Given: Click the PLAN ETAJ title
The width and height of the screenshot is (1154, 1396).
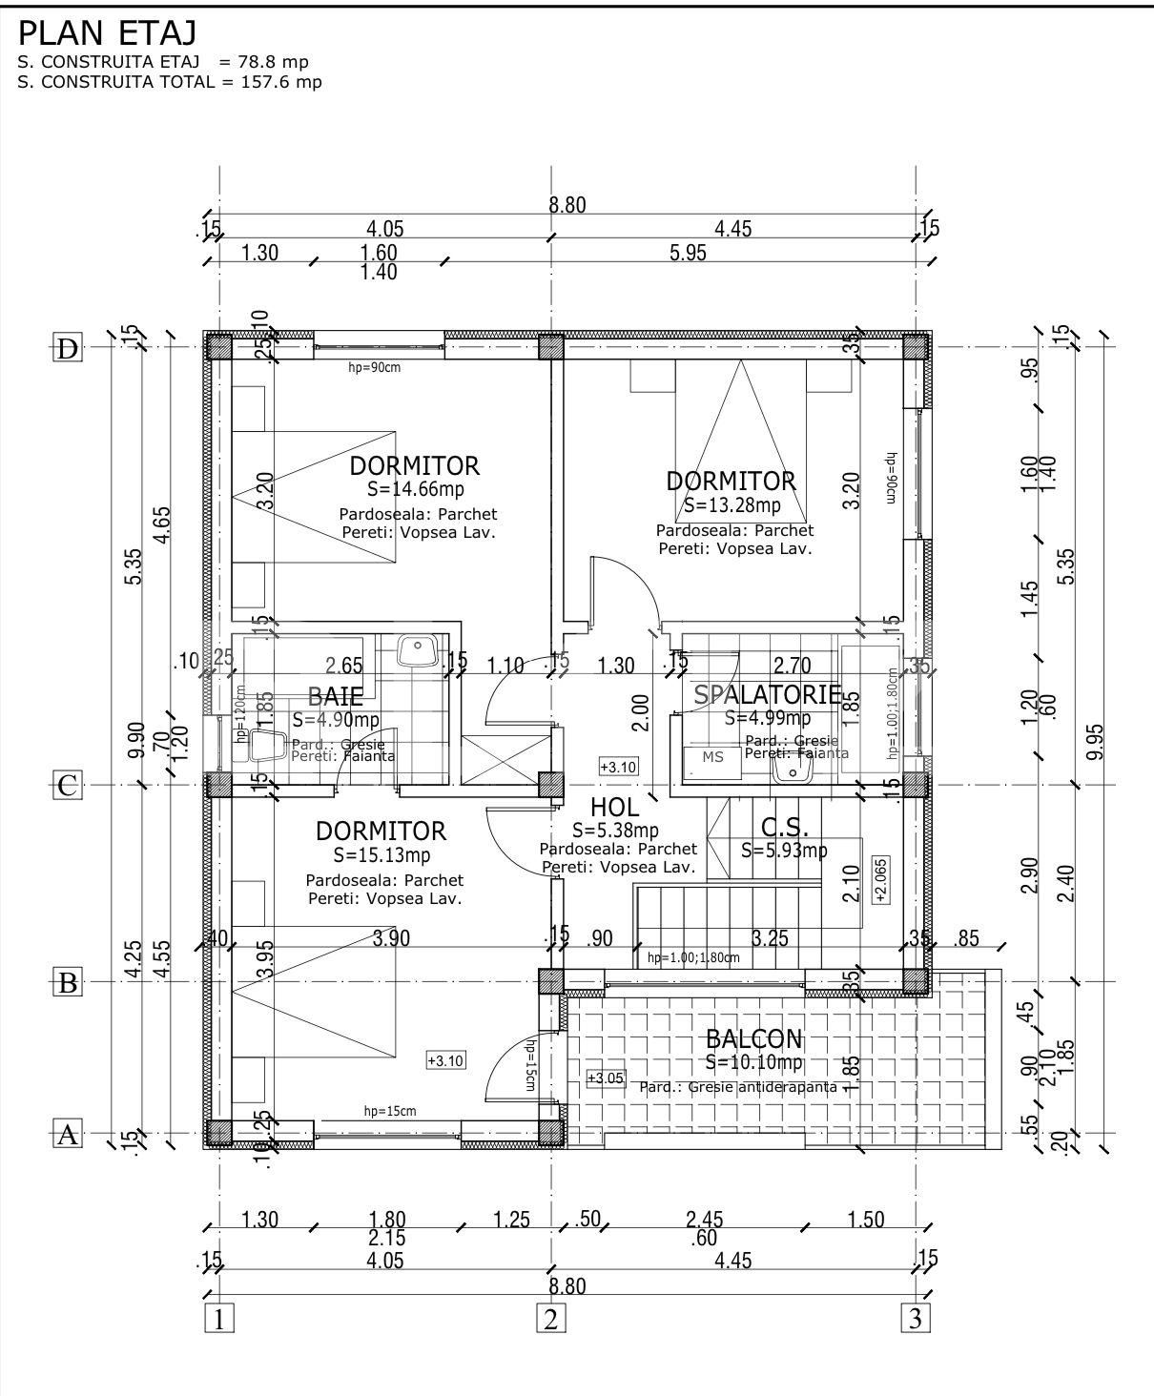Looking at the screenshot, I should [x=107, y=33].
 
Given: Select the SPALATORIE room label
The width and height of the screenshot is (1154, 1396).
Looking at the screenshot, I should [x=767, y=694].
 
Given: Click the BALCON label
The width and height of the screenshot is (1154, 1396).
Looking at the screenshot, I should [x=753, y=1039].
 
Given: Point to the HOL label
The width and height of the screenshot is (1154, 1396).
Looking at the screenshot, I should [x=614, y=809].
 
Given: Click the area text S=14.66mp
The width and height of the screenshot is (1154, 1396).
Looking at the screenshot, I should [x=415, y=489].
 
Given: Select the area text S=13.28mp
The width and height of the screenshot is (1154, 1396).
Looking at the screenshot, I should [x=731, y=504].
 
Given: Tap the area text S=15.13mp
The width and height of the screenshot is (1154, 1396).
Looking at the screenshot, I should [x=381, y=854].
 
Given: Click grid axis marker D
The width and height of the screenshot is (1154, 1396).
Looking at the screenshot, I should [x=67, y=349].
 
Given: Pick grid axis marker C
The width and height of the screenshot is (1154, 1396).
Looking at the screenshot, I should [x=67, y=786].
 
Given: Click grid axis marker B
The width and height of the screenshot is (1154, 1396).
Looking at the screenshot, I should [x=67, y=982].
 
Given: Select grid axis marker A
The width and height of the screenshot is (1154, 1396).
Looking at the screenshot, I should [x=67, y=1135].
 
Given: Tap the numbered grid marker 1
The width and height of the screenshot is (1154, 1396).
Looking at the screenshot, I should [x=219, y=1321].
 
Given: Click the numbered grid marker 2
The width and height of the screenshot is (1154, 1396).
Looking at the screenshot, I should [x=551, y=1321].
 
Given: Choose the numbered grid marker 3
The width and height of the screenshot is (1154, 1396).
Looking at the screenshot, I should [x=916, y=1321].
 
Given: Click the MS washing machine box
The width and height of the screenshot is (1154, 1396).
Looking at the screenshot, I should [x=713, y=757].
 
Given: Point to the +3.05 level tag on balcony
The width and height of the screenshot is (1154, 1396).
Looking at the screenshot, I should [x=605, y=1078].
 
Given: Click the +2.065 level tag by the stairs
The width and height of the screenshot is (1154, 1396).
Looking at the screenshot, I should [x=880, y=879].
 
